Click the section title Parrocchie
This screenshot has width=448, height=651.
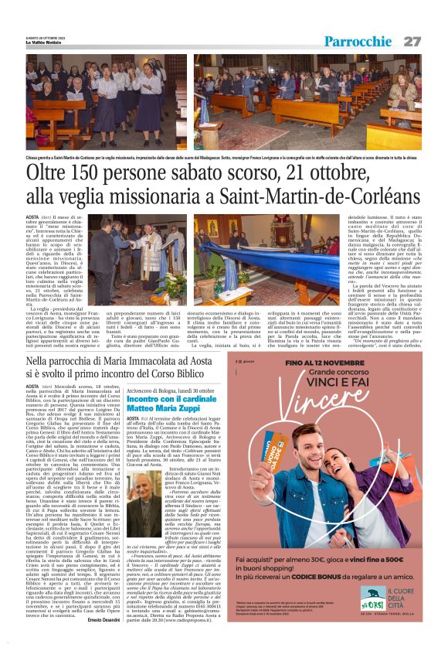(358, 41)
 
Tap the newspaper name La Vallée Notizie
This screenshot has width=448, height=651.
(45, 42)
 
